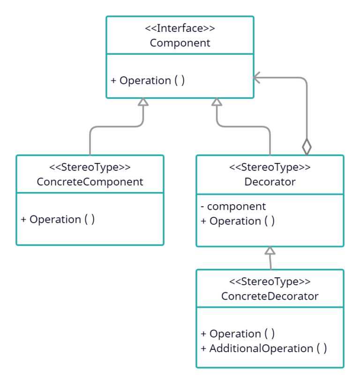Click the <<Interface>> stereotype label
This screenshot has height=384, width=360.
[x=180, y=28]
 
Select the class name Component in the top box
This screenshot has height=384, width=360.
[x=180, y=43]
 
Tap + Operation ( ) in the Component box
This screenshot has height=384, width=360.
[x=148, y=81]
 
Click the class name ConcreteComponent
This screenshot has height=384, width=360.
[x=90, y=182]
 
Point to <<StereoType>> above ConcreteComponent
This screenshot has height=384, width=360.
[x=90, y=167]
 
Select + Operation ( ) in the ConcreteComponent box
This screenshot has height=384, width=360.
[x=58, y=220]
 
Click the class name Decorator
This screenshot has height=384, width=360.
[x=270, y=182]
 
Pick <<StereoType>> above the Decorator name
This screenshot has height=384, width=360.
[x=270, y=167]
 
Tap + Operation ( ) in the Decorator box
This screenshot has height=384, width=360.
[x=238, y=221]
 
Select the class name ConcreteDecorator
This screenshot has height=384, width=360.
[x=270, y=296]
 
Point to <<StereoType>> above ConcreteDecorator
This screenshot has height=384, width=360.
[x=270, y=281]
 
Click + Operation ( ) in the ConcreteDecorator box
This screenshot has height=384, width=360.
[x=238, y=334]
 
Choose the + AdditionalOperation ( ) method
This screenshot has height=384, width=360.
[x=263, y=348]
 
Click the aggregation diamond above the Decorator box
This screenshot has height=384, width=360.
[x=307, y=147]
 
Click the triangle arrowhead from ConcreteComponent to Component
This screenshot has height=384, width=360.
[x=143, y=102]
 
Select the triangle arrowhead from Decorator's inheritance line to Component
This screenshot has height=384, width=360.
[x=216, y=102]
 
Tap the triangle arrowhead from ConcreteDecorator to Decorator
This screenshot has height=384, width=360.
[x=270, y=251]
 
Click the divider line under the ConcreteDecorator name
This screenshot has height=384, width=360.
[x=270, y=307]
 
